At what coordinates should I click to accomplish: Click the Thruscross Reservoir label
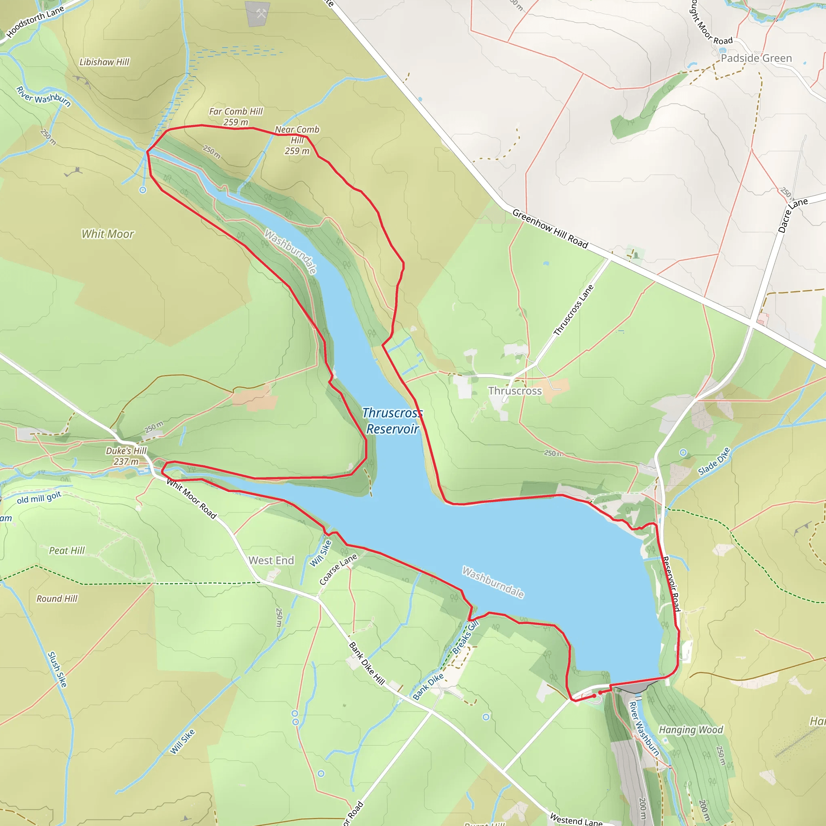point(392,421)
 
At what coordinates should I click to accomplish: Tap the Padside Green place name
point(756,58)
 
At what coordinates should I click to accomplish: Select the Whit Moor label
point(108,234)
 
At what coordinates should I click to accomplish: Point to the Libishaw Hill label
point(104,62)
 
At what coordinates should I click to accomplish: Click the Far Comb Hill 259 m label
point(236,117)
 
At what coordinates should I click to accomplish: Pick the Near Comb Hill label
point(297,140)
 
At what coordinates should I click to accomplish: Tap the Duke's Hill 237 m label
point(126,456)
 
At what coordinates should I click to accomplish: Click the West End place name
point(271,561)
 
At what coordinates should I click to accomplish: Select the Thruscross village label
point(515,391)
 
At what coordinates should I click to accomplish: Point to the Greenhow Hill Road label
point(550,228)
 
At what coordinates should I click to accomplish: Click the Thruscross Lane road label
point(574,310)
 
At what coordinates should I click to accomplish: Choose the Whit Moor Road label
point(192,499)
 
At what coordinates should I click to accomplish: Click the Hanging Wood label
point(691,730)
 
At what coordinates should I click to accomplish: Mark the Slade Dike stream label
point(713,462)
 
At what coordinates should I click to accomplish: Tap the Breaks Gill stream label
point(465,637)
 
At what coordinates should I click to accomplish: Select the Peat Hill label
point(67,551)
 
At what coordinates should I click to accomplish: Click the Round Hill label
point(57,599)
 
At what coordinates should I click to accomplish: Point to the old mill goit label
point(40,498)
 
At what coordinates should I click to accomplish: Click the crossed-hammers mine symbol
point(261,13)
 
